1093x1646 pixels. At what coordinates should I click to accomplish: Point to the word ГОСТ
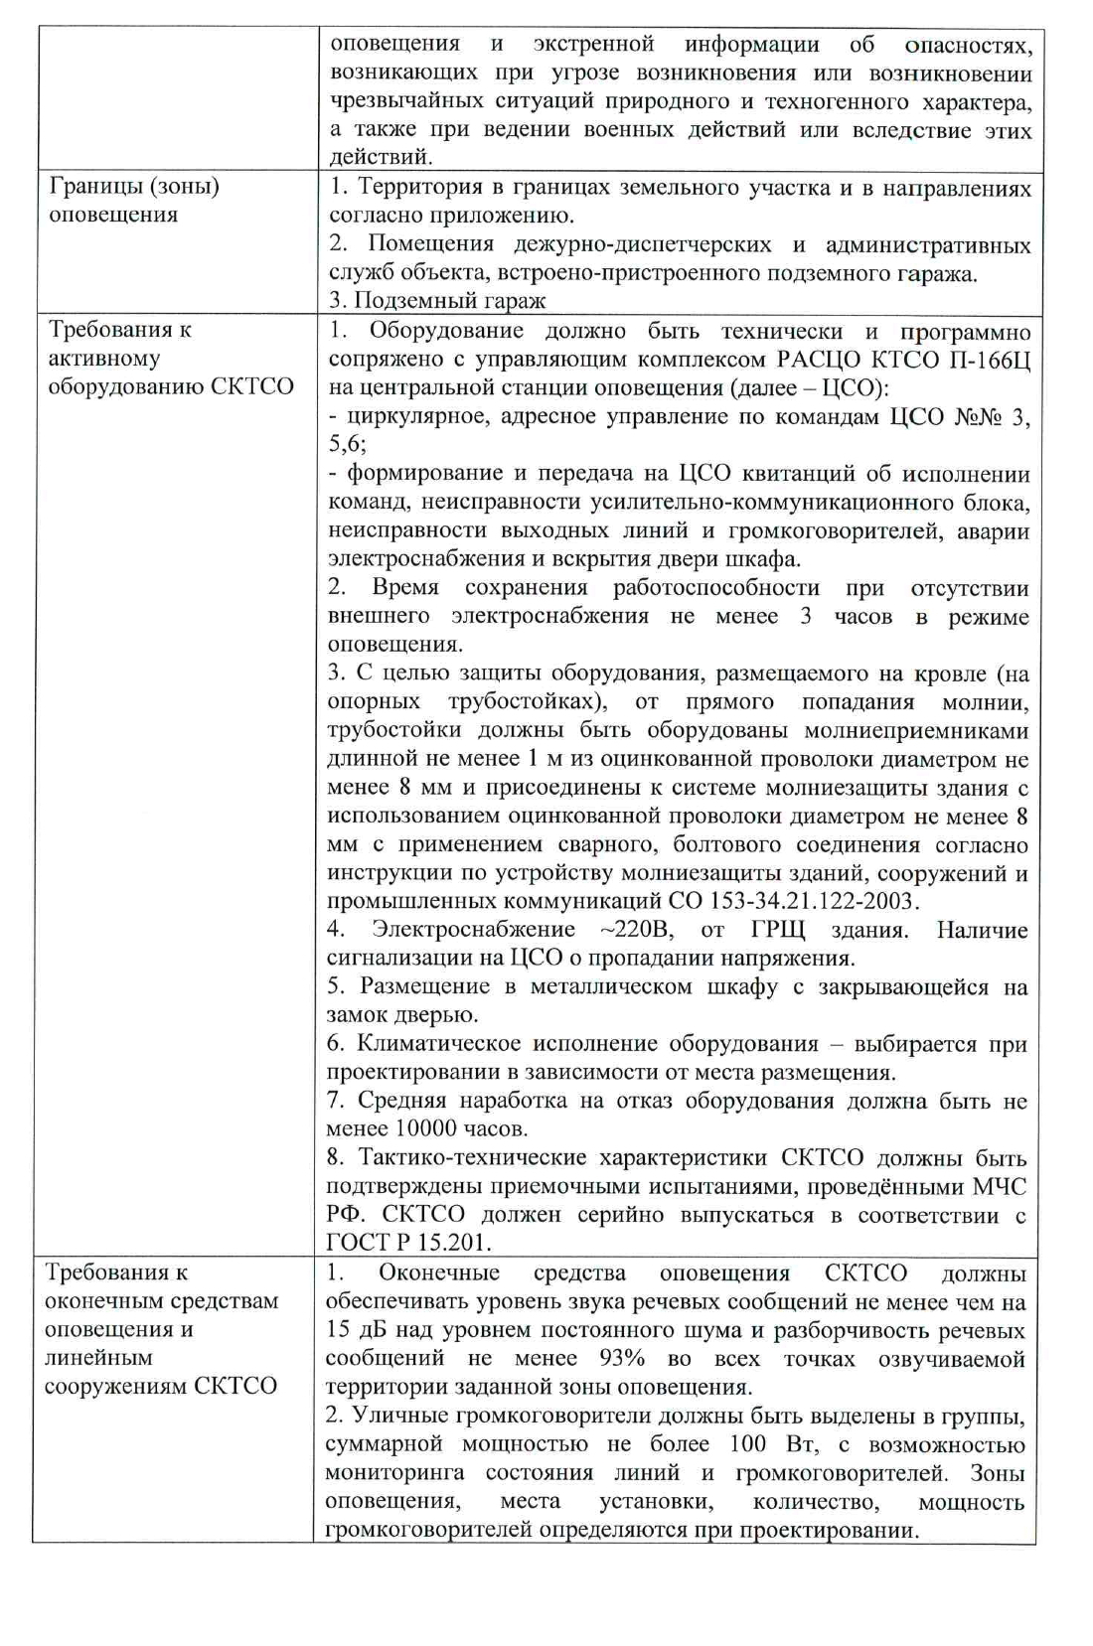[359, 1243]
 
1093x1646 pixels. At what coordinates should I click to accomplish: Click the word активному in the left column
[103, 358]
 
